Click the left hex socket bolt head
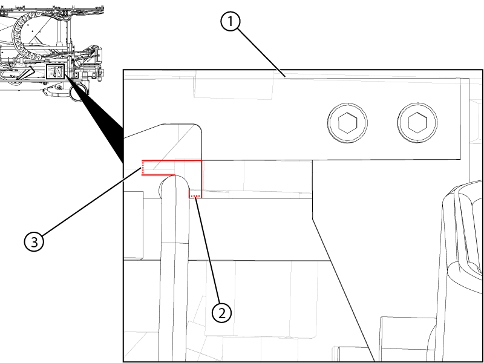pos(347,124)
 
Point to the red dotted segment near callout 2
pos(195,197)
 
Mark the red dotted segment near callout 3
pos(143,167)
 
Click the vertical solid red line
pos(201,178)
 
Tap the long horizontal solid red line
pos(172,161)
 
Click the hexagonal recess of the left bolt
pos(347,124)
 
